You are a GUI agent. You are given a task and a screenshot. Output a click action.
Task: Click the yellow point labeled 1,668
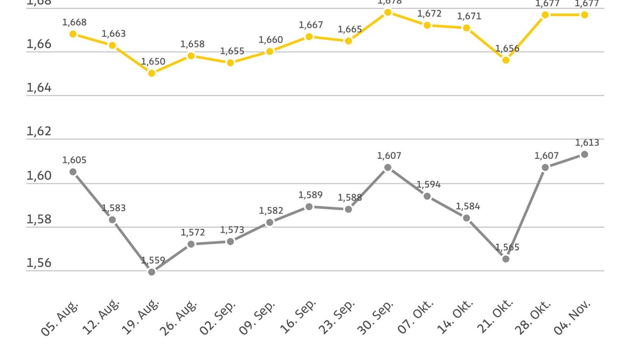click(73, 34)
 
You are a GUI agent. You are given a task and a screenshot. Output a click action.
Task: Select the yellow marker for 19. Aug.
click(152, 73)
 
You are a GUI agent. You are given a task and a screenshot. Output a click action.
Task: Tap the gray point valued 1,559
click(152, 272)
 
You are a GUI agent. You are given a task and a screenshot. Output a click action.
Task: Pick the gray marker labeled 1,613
click(585, 154)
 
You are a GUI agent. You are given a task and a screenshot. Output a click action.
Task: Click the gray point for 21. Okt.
click(506, 259)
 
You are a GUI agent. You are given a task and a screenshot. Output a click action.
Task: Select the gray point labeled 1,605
click(73, 172)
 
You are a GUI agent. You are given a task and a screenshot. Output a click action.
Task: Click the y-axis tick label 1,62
click(39, 131)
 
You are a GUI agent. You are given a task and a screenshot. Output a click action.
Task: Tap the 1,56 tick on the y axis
click(39, 263)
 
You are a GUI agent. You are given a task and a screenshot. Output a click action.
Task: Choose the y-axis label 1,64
click(39, 87)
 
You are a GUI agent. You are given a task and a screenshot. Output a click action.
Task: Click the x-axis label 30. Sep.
click(376, 317)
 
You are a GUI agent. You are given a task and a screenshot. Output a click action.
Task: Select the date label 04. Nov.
click(573, 317)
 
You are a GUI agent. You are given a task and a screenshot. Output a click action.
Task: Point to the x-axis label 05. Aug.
click(60, 317)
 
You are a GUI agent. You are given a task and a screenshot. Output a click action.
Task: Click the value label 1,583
click(114, 208)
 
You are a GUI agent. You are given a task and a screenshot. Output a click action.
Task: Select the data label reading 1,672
click(429, 14)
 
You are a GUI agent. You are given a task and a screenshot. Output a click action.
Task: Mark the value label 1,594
click(429, 185)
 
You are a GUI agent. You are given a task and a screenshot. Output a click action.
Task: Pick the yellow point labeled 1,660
click(270, 52)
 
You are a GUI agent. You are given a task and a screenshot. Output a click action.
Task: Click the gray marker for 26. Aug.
click(191, 244)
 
